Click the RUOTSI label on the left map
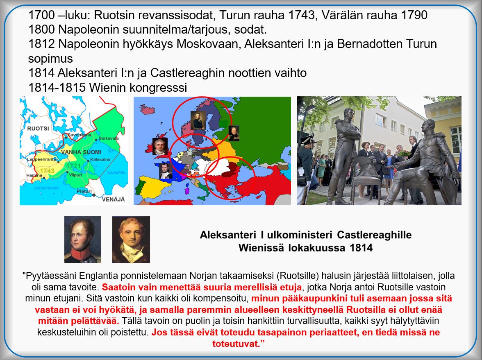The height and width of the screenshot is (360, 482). [x=38, y=129]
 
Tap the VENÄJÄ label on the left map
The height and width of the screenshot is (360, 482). [x=114, y=199]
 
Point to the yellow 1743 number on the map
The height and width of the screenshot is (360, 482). [x=47, y=171]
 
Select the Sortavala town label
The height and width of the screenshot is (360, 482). [x=109, y=138]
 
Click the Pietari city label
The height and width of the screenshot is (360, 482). [x=84, y=191]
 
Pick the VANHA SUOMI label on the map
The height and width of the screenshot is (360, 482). [x=81, y=152]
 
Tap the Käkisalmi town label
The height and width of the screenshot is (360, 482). [x=100, y=159]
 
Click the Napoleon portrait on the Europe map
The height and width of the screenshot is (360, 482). [x=166, y=171]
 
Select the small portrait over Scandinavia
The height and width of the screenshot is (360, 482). [x=198, y=120]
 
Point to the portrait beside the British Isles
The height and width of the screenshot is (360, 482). [x=160, y=146]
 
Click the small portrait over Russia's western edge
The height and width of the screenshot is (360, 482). [x=234, y=134]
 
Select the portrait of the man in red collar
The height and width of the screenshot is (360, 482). [x=82, y=240]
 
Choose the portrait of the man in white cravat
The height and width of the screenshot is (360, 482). [x=131, y=240]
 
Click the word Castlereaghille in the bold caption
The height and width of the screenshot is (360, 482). [x=374, y=235]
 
